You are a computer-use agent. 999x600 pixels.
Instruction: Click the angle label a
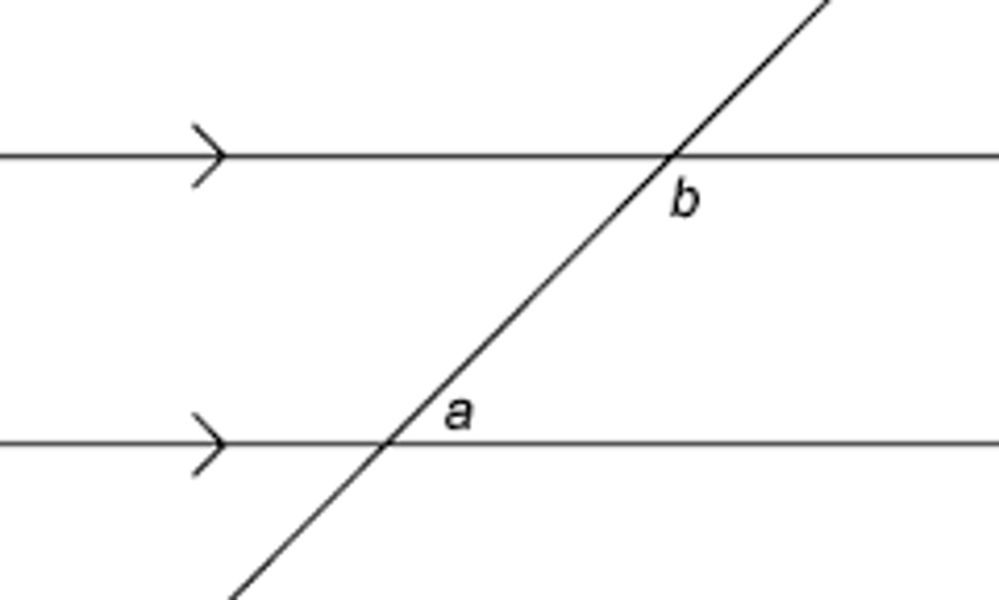click(459, 414)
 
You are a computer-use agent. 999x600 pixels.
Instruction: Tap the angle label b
click(685, 199)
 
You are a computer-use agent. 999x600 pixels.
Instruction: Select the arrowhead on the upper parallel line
click(221, 156)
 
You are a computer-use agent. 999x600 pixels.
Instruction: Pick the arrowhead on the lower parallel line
click(221, 444)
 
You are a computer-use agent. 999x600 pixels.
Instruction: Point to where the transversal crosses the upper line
click(669, 156)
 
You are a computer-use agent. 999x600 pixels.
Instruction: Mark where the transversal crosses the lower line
click(386, 443)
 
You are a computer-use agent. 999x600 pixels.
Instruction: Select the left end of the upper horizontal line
click(3, 156)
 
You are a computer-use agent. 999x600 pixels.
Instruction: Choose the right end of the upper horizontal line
click(996, 156)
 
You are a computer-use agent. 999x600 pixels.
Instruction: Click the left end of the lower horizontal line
click(3, 443)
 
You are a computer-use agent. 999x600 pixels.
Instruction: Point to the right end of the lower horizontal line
click(996, 443)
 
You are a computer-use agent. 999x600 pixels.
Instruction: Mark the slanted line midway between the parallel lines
click(527, 300)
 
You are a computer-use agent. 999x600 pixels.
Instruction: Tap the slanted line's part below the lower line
click(309, 521)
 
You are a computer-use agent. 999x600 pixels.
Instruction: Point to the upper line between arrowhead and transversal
click(444, 156)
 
